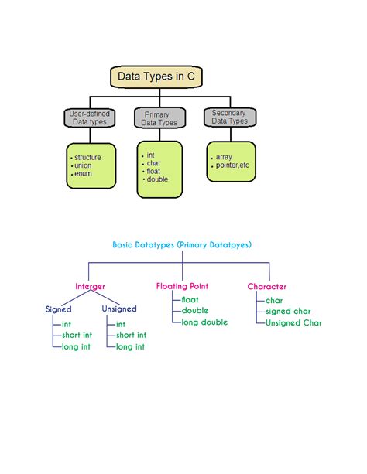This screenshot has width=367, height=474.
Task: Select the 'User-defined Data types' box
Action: point(90,118)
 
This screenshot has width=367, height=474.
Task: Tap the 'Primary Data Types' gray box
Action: point(161,118)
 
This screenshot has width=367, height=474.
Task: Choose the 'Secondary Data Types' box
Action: point(230,117)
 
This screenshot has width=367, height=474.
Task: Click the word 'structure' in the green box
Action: point(87,157)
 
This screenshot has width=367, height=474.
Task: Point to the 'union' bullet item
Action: point(82,165)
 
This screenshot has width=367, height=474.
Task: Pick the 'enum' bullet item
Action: point(82,174)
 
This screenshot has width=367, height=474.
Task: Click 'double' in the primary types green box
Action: point(157,179)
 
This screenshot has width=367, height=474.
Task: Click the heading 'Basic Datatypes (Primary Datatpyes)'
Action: point(182,244)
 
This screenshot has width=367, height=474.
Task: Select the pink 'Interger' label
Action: point(90,286)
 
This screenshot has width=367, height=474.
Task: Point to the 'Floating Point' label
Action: point(182,286)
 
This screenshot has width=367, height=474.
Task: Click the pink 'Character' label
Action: point(267,286)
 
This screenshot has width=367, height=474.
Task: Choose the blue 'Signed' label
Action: point(59,309)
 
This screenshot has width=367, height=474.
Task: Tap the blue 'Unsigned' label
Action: point(119,309)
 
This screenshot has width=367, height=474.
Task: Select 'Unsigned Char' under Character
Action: point(293,323)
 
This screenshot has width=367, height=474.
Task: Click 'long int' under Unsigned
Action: point(130,347)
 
